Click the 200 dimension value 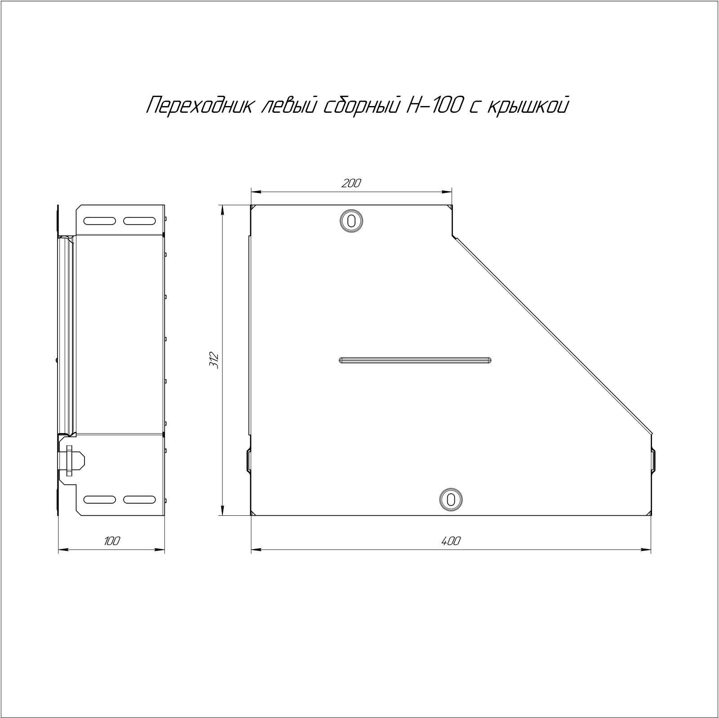351,183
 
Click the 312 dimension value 214,360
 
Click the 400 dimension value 451,541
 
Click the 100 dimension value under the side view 112,541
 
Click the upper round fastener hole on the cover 351,221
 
